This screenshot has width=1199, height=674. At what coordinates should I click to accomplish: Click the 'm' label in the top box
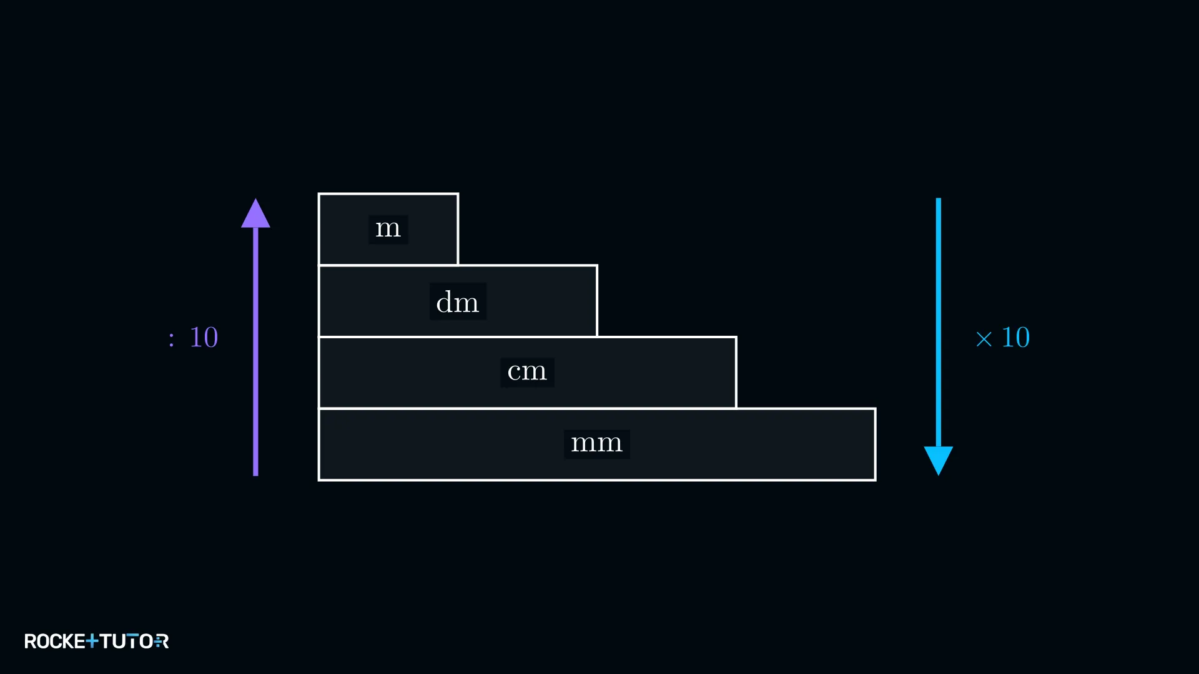388,229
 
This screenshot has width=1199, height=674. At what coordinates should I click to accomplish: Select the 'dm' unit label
458,302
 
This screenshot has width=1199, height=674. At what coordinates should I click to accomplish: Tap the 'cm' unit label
527,372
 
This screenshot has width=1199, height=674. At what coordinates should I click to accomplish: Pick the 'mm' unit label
596,444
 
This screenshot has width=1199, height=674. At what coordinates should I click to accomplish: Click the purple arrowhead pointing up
255,213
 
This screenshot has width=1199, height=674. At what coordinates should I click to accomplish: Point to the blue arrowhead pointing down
938,461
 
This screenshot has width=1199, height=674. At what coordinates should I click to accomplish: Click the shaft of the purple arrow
255,352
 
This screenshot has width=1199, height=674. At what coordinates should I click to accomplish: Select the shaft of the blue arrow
938,323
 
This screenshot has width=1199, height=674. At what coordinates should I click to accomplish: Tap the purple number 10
204,338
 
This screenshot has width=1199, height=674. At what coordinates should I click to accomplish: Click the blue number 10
1015,338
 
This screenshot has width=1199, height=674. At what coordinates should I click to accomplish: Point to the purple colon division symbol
171,339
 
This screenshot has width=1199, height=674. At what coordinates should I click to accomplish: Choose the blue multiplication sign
984,339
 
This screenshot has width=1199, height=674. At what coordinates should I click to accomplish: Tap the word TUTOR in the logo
134,642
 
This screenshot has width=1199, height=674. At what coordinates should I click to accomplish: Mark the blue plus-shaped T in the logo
92,641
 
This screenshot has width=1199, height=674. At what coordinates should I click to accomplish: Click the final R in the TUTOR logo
161,642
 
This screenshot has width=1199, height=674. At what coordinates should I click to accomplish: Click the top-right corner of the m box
458,194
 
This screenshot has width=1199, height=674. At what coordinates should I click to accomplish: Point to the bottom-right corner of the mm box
876,480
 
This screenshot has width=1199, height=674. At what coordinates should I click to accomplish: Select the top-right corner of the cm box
736,337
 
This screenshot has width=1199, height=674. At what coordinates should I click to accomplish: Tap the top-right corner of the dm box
597,265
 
